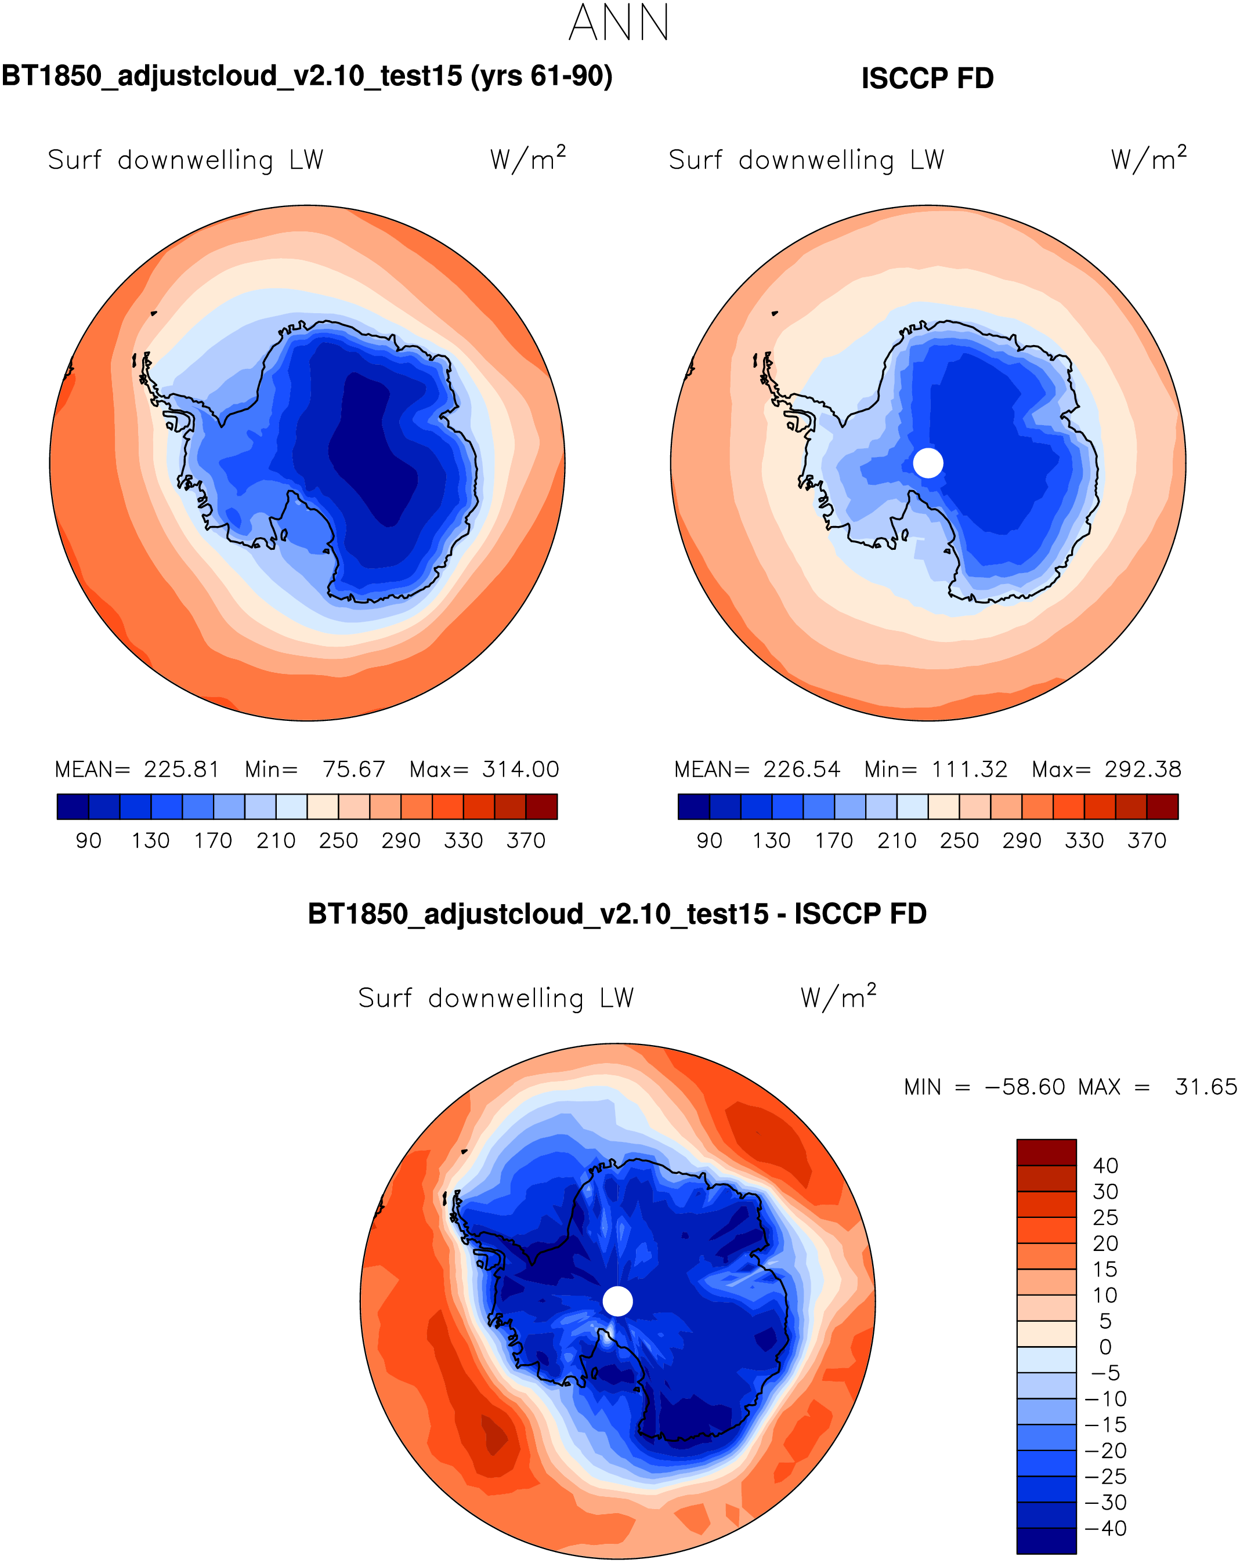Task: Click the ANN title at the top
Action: (619, 23)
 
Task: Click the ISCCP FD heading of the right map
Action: (927, 78)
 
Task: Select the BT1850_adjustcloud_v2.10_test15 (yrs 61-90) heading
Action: (307, 76)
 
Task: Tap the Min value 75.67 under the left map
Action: (353, 769)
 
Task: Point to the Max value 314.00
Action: (520, 769)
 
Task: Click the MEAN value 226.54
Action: (801, 769)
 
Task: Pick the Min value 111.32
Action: (970, 769)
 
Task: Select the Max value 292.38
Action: (1143, 769)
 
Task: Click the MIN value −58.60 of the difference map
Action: (1025, 1087)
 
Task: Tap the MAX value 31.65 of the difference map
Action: (1206, 1087)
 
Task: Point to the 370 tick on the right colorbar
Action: (1147, 841)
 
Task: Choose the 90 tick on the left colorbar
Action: (88, 841)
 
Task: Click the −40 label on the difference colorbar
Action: (1106, 1528)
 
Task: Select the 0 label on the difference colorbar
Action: (1105, 1347)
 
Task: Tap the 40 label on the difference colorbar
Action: (1106, 1166)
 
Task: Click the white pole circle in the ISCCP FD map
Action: (928, 463)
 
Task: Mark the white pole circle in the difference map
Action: (618, 1301)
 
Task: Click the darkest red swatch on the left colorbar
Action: (542, 806)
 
